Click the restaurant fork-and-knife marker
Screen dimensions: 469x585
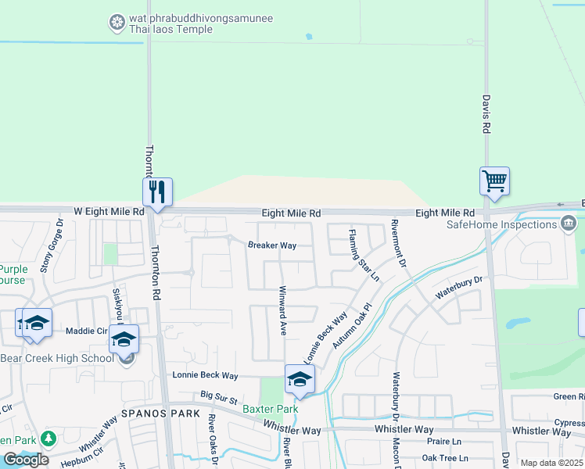(x=157, y=191)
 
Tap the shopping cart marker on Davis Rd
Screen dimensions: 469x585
(x=494, y=181)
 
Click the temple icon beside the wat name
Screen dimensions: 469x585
(x=117, y=23)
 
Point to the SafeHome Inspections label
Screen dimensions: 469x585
(x=501, y=224)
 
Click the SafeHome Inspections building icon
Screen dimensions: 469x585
(x=569, y=224)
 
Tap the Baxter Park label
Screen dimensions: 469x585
(x=271, y=409)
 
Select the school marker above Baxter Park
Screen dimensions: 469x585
(x=299, y=379)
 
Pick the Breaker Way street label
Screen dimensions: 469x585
(x=272, y=245)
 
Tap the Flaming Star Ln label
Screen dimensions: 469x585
(x=364, y=255)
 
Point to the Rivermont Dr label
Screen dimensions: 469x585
(x=399, y=245)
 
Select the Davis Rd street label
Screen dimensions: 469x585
(x=486, y=114)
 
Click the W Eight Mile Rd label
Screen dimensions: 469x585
(x=109, y=212)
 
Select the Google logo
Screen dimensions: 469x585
(x=26, y=460)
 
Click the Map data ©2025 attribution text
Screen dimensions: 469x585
(x=551, y=463)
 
